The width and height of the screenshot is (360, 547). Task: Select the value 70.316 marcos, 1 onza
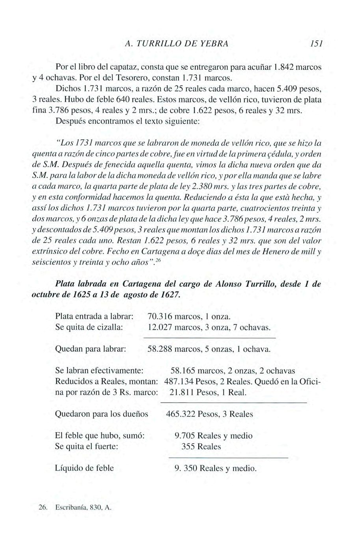point(188,316)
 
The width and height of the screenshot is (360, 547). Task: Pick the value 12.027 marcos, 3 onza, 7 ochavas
point(209,327)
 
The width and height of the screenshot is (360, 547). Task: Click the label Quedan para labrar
point(91,349)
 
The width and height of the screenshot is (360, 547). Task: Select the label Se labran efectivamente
point(99,371)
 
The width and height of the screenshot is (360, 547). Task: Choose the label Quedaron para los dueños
point(102,414)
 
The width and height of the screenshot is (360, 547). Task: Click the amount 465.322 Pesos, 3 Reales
point(209,414)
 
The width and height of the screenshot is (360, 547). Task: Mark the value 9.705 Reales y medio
point(213,436)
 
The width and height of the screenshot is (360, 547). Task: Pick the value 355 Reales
point(201,447)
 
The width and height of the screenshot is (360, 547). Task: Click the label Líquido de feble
point(84,468)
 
